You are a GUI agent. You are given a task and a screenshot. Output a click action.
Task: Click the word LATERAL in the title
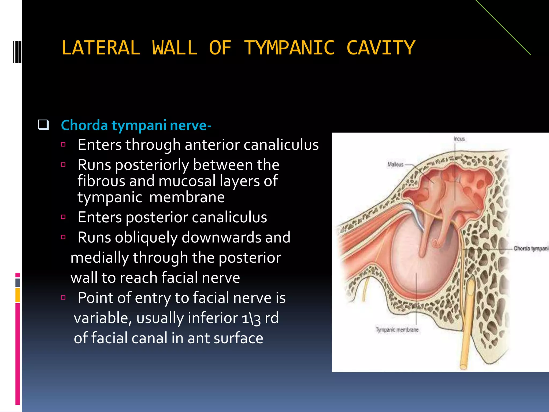point(101,48)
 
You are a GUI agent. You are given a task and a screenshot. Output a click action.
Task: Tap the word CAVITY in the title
point(381,48)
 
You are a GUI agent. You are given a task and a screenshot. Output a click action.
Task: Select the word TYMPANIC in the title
point(289,48)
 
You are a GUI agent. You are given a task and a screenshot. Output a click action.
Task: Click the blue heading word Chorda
point(84,125)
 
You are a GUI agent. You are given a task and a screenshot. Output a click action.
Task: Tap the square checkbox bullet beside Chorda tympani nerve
point(43,125)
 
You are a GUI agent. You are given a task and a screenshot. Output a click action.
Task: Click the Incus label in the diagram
point(459,139)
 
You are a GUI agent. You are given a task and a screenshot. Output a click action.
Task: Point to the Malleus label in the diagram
point(395,164)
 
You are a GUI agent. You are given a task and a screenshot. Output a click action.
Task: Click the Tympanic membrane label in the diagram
point(397,330)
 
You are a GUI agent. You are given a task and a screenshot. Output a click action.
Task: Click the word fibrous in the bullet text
point(101,181)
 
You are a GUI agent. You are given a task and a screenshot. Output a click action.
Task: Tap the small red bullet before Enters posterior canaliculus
point(63,217)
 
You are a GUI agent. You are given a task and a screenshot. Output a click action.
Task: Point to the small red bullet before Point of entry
point(63,297)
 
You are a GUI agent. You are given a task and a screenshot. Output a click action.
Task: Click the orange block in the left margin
point(18,295)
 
